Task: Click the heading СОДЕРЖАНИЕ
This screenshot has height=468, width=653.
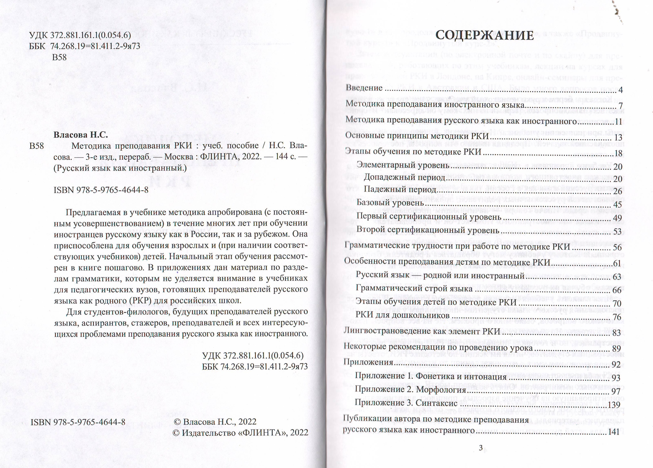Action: click(x=484, y=36)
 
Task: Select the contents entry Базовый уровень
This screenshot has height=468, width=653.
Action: click(x=390, y=203)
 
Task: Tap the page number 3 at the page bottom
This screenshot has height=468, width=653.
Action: click(x=480, y=448)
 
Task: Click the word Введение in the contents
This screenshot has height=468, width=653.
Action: click(x=364, y=88)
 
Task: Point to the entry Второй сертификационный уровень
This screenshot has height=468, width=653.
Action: click(x=428, y=230)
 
